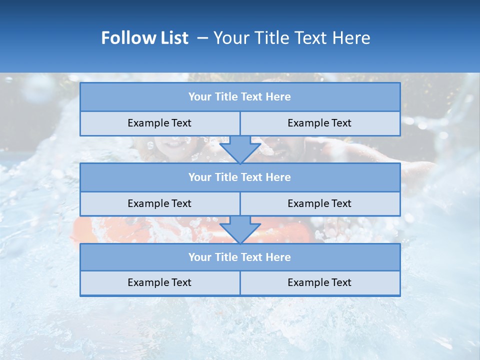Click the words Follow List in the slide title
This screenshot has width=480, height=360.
click(144, 38)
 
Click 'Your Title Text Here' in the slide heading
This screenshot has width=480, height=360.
click(291, 38)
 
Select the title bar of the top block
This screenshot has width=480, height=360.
click(240, 97)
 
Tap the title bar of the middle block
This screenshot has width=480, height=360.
click(240, 177)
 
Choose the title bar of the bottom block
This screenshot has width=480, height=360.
click(240, 257)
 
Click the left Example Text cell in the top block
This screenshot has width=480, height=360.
click(159, 123)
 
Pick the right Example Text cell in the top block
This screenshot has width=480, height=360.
click(319, 123)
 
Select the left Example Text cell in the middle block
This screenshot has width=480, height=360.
click(159, 203)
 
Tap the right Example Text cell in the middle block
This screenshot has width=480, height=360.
click(319, 203)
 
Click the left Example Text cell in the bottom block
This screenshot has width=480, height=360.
click(159, 282)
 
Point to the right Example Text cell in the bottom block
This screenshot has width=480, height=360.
click(319, 282)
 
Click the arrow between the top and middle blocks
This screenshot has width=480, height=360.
click(240, 149)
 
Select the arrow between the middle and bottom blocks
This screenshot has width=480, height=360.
click(240, 230)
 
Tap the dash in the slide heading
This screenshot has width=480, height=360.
click(203, 38)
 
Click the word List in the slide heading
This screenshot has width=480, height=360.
click(173, 38)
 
